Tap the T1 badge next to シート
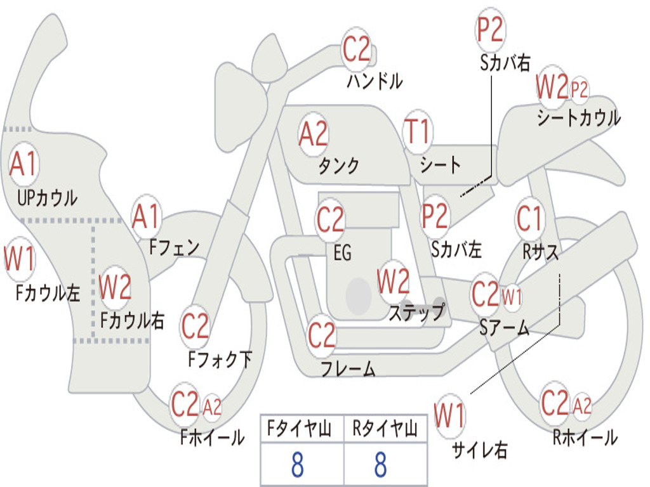[418, 132]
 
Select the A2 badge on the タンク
[314, 134]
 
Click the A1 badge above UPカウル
[24, 164]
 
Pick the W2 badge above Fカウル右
[116, 287]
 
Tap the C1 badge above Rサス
[530, 218]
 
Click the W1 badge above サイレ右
[450, 415]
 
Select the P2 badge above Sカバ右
[491, 29]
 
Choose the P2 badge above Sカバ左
[435, 216]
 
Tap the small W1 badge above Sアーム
[512, 297]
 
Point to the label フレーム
[348, 368]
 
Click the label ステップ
[416, 312]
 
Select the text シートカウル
[579, 118]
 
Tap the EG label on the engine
[342, 252]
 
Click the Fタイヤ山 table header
[300, 429]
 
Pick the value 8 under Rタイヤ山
[381, 465]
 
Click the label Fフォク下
[220, 359]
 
